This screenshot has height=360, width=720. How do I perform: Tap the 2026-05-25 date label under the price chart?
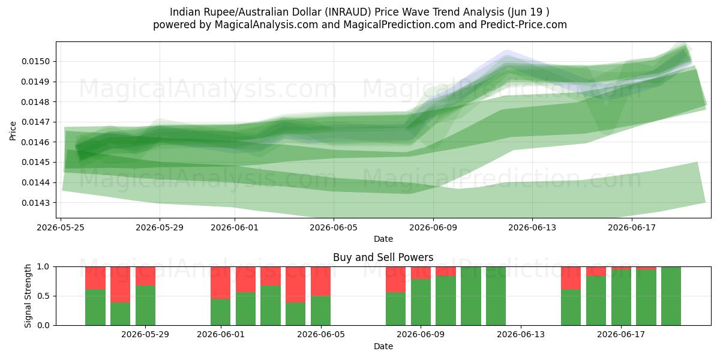(x=61, y=227)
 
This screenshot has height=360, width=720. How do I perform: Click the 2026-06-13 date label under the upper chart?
(x=532, y=227)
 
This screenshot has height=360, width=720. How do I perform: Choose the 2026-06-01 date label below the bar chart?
(x=221, y=335)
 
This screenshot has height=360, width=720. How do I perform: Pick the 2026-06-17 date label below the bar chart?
(x=621, y=335)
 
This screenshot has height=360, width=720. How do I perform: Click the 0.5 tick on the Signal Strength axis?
(x=44, y=296)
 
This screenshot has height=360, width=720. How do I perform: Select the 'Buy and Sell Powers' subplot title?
(x=383, y=257)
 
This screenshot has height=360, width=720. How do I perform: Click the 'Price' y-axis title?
(x=13, y=131)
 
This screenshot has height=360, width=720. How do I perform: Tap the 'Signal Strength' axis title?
(x=28, y=296)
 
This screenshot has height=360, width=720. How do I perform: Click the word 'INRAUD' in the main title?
(x=348, y=12)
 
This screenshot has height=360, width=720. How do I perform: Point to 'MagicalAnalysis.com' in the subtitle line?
(x=266, y=25)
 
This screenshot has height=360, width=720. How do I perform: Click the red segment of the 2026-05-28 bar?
(x=120, y=284)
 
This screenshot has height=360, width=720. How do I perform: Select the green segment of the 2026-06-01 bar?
(x=221, y=312)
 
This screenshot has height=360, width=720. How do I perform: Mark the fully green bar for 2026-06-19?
(x=671, y=296)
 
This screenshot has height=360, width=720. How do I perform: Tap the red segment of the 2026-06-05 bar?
(x=321, y=281)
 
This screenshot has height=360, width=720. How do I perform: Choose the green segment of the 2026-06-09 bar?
(x=421, y=302)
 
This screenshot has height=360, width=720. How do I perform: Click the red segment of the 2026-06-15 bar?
(x=571, y=278)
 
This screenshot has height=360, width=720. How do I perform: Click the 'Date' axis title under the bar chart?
(x=383, y=346)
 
